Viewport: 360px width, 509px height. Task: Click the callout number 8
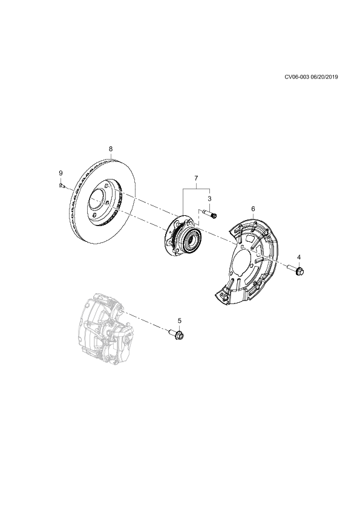pyautogui.click(x=111, y=149)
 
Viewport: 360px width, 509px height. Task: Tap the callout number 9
pyautogui.click(x=61, y=173)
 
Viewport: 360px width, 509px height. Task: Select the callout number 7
pyautogui.click(x=196, y=178)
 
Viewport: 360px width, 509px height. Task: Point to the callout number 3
pyautogui.click(x=209, y=198)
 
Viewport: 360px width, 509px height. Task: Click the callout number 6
pyautogui.click(x=254, y=209)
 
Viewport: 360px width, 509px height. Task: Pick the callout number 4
pyautogui.click(x=299, y=257)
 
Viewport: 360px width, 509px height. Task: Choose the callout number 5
pyautogui.click(x=180, y=320)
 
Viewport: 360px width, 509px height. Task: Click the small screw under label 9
pyautogui.click(x=62, y=186)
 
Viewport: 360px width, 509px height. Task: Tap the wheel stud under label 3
pyautogui.click(x=209, y=214)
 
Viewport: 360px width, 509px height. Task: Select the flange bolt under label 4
pyautogui.click(x=296, y=269)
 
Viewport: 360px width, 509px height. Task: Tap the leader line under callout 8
pyautogui.click(x=111, y=155)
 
